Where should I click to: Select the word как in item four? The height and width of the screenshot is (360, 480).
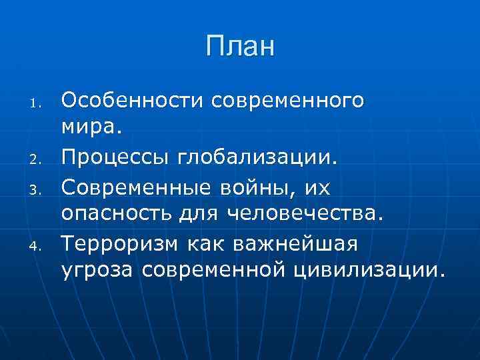(205, 245)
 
